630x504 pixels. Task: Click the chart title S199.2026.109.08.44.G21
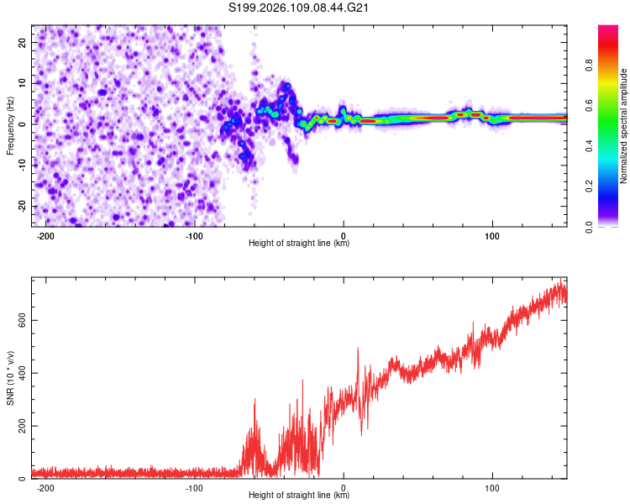pos(300,8)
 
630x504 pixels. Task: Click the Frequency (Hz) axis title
pos(11,126)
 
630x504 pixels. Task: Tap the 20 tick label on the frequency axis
pos(22,41)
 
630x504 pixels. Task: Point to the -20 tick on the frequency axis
pos(20,206)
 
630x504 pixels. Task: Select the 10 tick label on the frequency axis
pos(22,82)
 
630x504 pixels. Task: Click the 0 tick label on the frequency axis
pos(24,123)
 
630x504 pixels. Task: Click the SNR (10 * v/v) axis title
pos(11,378)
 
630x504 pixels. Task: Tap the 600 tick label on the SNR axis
pos(18,320)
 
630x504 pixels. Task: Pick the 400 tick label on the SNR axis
pos(18,373)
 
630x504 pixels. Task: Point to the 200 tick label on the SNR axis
pos(18,426)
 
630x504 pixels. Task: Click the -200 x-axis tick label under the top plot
pos(46,235)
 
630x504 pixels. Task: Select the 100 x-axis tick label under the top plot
pos(492,235)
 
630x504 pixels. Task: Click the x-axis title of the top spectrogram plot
pos(299,244)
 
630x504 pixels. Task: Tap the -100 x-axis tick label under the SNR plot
pos(194,488)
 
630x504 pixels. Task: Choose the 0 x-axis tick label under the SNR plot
pos(344,488)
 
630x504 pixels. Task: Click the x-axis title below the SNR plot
pos(299,496)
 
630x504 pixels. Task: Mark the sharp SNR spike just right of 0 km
pos(358,348)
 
